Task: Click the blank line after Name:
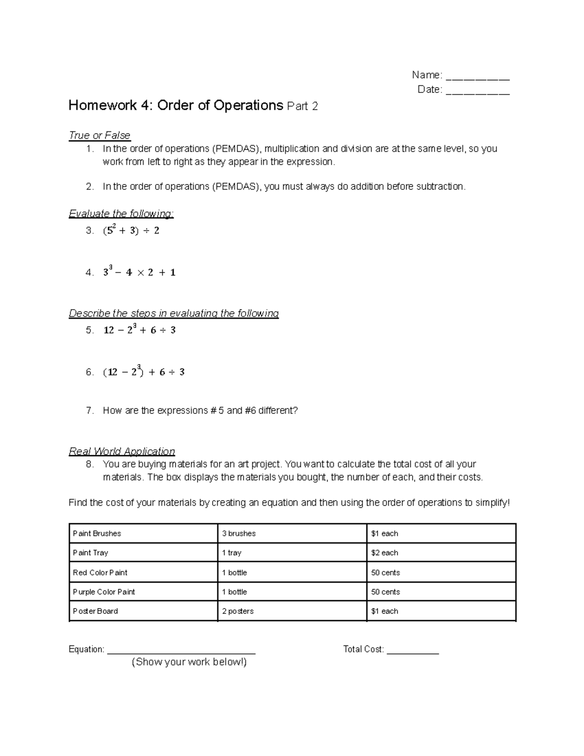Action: [x=477, y=77]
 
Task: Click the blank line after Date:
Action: [x=477, y=92]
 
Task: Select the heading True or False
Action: [x=100, y=135]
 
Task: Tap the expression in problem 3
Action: [x=131, y=230]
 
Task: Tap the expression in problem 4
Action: [x=139, y=272]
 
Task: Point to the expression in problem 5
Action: [x=139, y=330]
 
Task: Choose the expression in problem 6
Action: [x=144, y=372]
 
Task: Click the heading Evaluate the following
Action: [x=121, y=214]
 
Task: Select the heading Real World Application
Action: [x=122, y=451]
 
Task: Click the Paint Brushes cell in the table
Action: [x=143, y=534]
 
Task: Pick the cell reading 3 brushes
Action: [x=292, y=534]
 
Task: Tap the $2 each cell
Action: [x=440, y=553]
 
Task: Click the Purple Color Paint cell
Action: [x=143, y=592]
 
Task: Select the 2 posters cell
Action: [x=292, y=611]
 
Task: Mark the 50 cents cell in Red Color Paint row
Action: [x=440, y=572]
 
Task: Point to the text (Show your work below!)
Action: [x=189, y=662]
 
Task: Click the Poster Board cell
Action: [x=143, y=611]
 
